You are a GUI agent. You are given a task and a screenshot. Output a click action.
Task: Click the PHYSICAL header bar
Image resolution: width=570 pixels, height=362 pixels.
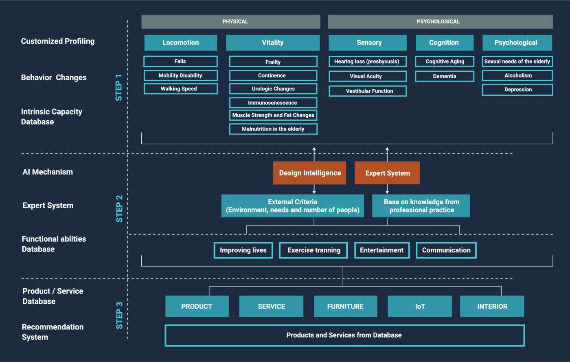pyautogui.click(x=231, y=22)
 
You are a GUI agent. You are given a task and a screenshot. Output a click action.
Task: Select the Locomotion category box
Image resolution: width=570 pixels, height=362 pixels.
pyautogui.click(x=180, y=42)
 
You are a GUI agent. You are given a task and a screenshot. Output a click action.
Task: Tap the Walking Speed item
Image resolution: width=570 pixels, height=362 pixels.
pyautogui.click(x=180, y=89)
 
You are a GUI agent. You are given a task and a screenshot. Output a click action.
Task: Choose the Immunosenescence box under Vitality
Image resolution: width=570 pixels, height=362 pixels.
pyautogui.click(x=273, y=103)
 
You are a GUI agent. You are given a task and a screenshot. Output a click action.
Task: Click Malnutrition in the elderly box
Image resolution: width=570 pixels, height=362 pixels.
pyautogui.click(x=273, y=129)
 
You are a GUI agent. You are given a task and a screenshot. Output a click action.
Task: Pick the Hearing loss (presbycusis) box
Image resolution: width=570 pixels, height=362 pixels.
pyautogui.click(x=367, y=62)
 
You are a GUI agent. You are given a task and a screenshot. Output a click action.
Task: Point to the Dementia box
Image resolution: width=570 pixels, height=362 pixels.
pyautogui.click(x=445, y=76)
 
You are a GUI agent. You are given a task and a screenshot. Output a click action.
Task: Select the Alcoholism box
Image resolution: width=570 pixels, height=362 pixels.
pyautogui.click(x=517, y=75)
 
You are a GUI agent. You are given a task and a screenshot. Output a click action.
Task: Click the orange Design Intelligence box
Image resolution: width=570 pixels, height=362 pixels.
pyautogui.click(x=310, y=173)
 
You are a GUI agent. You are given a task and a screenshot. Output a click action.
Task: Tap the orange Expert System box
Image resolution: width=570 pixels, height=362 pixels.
pyautogui.click(x=387, y=173)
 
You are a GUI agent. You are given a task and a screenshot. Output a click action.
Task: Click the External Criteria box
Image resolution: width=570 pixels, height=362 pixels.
pyautogui.click(x=292, y=206)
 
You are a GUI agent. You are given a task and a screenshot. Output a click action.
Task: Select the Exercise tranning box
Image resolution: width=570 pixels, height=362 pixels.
pyautogui.click(x=313, y=250)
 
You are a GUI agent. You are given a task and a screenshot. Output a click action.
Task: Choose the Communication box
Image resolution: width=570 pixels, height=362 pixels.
pyautogui.click(x=446, y=250)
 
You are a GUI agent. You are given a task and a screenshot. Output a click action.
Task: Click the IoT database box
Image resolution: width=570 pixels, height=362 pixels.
pyautogui.click(x=420, y=307)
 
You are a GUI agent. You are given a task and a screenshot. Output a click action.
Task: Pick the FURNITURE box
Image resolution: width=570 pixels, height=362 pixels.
pyautogui.click(x=345, y=307)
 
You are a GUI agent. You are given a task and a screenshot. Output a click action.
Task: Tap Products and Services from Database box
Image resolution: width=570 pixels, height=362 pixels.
pyautogui.click(x=344, y=336)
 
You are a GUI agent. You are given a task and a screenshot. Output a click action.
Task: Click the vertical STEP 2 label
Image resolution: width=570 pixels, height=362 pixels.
pyautogui.click(x=119, y=209)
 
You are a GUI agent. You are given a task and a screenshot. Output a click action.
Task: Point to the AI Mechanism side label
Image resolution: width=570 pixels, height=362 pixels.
pyautogui.click(x=48, y=172)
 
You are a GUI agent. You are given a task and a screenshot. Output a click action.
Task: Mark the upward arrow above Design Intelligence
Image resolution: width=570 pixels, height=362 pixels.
pyautogui.click(x=314, y=154)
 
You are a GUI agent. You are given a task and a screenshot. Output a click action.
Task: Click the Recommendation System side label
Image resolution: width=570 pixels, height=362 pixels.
pyautogui.click(x=53, y=332)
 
